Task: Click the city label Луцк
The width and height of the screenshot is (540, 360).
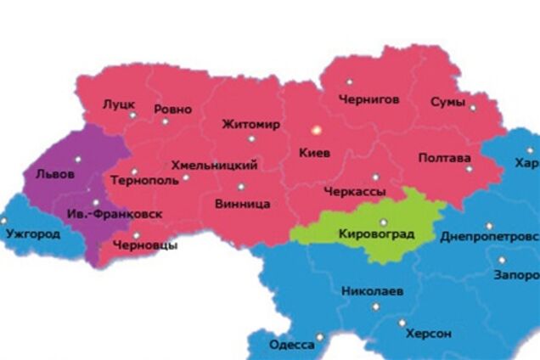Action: point(119,104)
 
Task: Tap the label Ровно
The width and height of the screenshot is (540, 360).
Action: point(173,110)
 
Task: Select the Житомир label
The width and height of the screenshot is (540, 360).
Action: point(250,125)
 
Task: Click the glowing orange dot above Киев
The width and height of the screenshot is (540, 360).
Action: point(315,130)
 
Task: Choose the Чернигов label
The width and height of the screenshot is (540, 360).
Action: point(368,99)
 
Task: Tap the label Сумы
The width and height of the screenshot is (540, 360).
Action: point(447,103)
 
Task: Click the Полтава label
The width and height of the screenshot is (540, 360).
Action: point(444,159)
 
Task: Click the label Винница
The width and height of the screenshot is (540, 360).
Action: point(243,205)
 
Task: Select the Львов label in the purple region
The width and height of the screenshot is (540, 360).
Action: point(55,174)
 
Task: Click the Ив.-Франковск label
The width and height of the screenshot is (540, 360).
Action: point(115,214)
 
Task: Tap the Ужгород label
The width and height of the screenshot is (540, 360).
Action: point(32,233)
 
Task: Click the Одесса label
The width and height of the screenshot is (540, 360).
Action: point(291,345)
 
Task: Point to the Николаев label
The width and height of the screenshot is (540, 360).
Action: point(372,291)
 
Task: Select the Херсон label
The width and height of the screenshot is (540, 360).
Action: point(429,334)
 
